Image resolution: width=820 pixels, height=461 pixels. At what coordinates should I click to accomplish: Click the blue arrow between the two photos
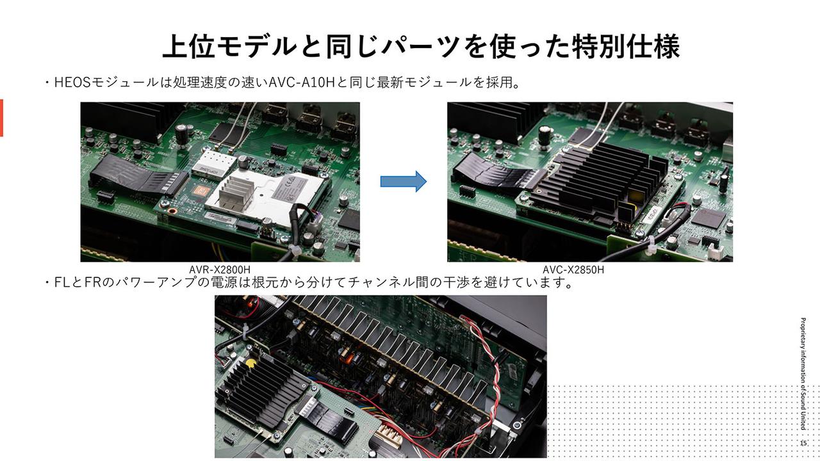[403, 181]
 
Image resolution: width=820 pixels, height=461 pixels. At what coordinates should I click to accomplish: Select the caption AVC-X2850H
[573, 270]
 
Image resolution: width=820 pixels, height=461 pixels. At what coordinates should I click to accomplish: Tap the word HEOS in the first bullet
[72, 83]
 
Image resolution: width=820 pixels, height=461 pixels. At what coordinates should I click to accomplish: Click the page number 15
[803, 443]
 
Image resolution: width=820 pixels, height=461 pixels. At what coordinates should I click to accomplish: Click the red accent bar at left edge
[1, 118]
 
